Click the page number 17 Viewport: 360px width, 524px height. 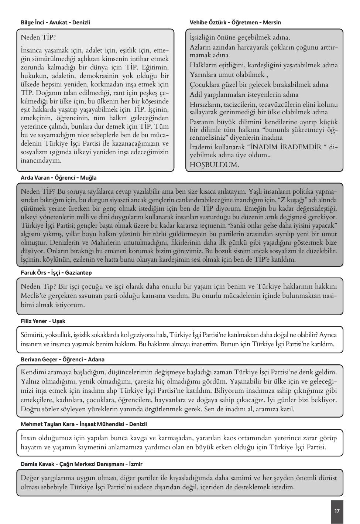[337, 511]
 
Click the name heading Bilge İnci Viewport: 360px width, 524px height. [55, 23]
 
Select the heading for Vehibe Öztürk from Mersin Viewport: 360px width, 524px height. [235, 23]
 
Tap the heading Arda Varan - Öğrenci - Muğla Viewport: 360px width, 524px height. [59, 178]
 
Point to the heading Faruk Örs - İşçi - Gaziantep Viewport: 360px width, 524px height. [56, 273]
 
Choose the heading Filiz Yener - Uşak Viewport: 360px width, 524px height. [43, 321]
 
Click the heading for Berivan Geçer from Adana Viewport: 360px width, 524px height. [62, 360]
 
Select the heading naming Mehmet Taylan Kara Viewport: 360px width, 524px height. [84, 424]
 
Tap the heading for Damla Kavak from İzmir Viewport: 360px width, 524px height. [82, 464]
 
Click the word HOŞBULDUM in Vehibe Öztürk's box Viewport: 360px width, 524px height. [214, 165]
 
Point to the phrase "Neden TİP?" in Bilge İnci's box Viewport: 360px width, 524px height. [38, 37]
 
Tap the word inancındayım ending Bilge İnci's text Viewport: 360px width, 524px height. [41, 161]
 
